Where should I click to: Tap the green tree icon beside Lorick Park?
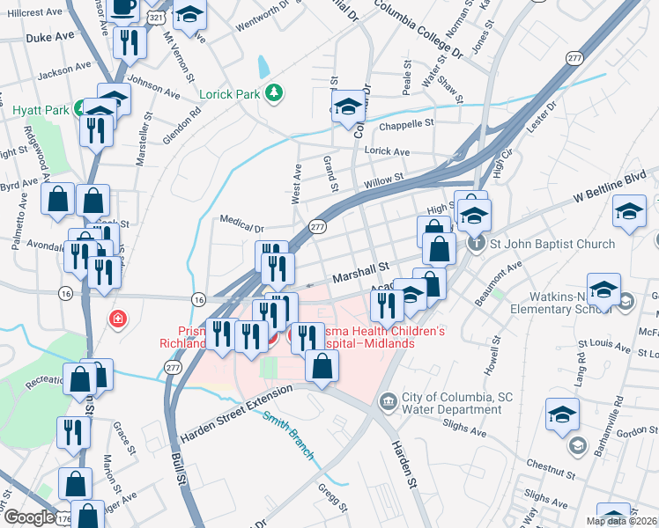click(x=275, y=92)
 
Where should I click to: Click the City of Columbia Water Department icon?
click(x=387, y=402)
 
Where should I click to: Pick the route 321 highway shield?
click(x=155, y=18)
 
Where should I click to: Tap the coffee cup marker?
click(x=124, y=8)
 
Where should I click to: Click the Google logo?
click(x=28, y=517)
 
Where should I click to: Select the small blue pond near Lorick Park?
click(x=263, y=66)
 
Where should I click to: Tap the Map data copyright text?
click(x=622, y=521)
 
